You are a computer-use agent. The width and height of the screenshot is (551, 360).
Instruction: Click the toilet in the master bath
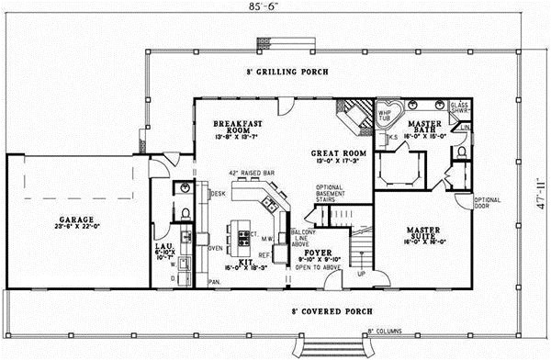point(462,150)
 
